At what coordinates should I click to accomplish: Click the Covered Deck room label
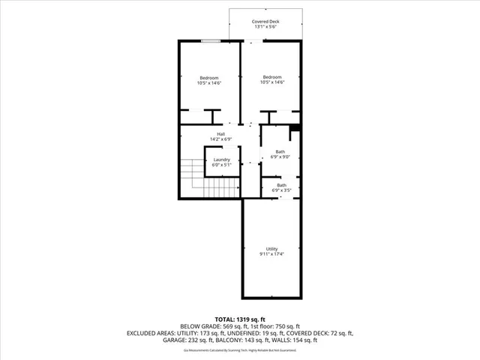click(x=265, y=22)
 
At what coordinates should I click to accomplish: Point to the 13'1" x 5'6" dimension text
click(x=265, y=27)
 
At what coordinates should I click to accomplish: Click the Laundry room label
click(x=221, y=159)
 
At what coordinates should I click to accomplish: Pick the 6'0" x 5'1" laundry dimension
click(x=221, y=164)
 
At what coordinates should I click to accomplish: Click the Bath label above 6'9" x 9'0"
click(x=280, y=151)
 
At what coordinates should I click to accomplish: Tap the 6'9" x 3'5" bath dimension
click(x=281, y=190)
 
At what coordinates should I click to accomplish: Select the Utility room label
click(x=271, y=249)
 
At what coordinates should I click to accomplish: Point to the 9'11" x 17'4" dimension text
click(x=271, y=254)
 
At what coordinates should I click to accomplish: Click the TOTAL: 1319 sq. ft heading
click(x=239, y=319)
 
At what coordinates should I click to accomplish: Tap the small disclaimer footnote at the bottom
click(x=239, y=349)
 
